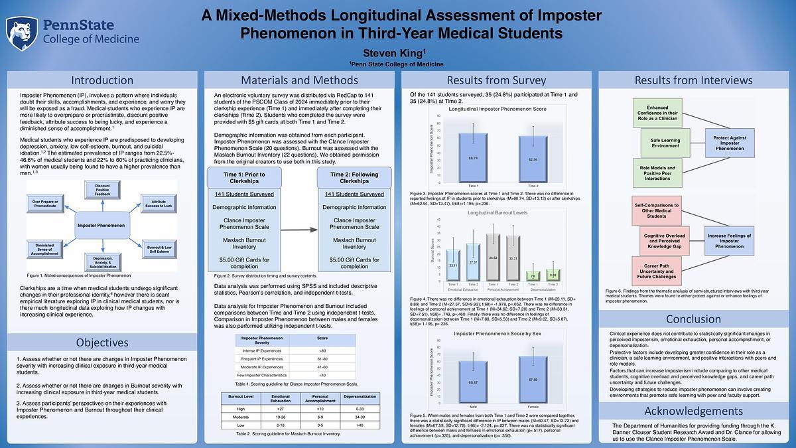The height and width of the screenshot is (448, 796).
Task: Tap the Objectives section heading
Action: point(102,342)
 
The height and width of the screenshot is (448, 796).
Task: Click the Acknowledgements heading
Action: point(693,411)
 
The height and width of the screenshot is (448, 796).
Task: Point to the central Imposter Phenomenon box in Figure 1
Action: point(101,226)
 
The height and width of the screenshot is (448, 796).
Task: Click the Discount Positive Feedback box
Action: point(102,189)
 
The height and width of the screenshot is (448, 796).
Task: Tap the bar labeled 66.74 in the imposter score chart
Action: point(473,157)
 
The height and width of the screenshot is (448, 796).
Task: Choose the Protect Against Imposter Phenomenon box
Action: point(730,142)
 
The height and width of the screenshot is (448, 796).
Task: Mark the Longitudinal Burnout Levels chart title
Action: point(498,213)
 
